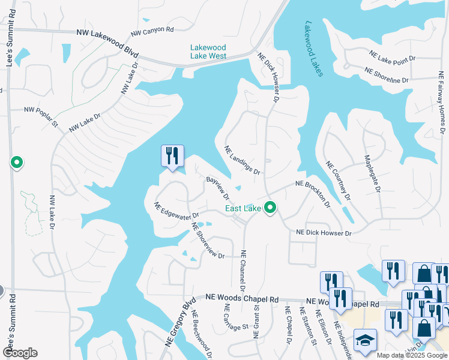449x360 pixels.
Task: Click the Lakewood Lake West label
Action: tap(208, 52)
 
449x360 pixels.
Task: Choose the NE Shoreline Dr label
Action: tap(387, 75)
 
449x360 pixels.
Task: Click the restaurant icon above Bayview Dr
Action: tap(172, 156)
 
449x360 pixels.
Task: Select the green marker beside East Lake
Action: tap(270, 208)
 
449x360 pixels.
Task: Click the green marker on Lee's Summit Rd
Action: tap(17, 163)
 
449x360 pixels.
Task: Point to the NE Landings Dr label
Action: tap(242, 160)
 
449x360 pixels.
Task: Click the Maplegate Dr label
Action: tap(373, 174)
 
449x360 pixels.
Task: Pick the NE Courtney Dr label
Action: tap(337, 180)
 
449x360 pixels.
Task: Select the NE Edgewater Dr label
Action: tap(176, 209)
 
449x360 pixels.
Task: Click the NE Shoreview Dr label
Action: tap(207, 241)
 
